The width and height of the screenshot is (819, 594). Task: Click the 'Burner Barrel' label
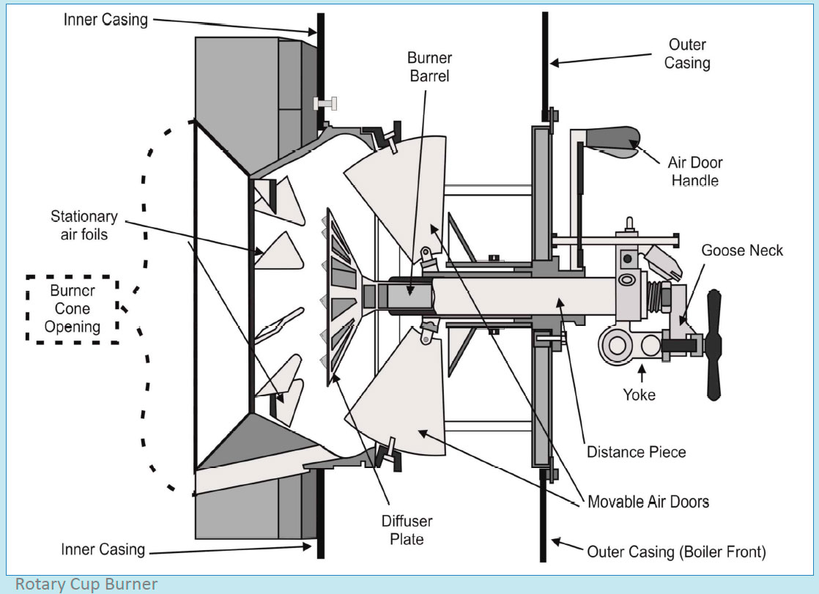[431, 67]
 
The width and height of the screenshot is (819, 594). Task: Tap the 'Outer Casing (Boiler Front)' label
[676, 552]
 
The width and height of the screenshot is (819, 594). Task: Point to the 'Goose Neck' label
[741, 250]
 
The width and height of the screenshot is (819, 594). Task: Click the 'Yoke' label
[640, 395]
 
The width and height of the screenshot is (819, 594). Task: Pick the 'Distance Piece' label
[636, 451]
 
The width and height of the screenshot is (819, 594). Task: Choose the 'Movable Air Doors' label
[648, 502]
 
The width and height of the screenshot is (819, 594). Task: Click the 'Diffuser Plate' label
[407, 530]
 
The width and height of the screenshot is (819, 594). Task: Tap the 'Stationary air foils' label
[84, 226]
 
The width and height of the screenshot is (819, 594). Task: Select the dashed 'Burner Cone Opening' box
[73, 308]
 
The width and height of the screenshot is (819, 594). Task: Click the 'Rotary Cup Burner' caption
[86, 584]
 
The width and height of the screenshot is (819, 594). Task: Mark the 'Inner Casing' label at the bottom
[103, 549]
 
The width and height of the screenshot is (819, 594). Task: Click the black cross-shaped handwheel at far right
[714, 344]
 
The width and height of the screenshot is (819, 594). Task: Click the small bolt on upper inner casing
[324, 103]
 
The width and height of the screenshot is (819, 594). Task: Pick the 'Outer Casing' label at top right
[686, 53]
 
